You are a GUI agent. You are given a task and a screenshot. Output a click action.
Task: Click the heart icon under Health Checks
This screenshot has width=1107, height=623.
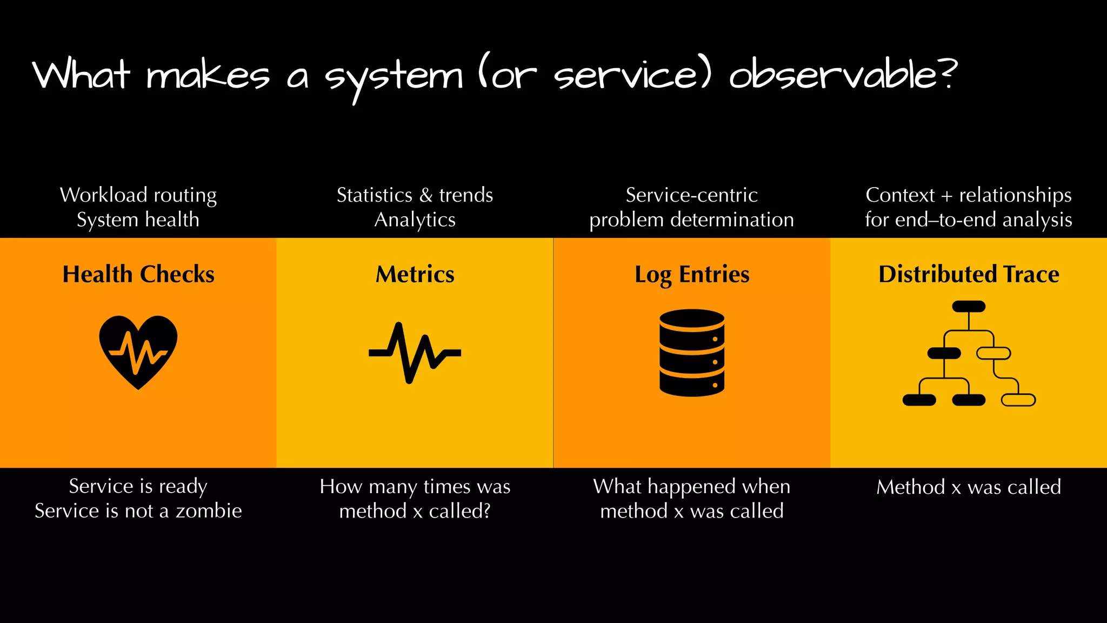click(x=138, y=352)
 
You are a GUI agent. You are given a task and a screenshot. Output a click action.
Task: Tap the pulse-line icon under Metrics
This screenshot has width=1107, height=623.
click(x=415, y=353)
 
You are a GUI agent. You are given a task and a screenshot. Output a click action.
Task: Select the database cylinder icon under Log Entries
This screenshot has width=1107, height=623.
click(x=692, y=353)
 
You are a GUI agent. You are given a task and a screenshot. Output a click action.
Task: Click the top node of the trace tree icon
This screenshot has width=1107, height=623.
click(x=969, y=307)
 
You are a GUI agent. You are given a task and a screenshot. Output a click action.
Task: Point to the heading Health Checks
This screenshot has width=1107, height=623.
click(x=138, y=274)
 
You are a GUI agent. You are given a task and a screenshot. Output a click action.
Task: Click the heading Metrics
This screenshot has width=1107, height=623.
click(x=415, y=274)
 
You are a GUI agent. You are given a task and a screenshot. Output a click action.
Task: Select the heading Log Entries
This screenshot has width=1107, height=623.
click(x=692, y=274)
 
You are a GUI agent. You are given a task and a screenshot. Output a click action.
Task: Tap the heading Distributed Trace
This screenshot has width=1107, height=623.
click(x=969, y=274)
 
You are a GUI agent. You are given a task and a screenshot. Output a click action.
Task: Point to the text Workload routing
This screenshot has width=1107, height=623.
click(x=138, y=195)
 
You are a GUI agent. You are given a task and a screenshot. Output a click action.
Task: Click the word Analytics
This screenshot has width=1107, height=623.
click(x=415, y=220)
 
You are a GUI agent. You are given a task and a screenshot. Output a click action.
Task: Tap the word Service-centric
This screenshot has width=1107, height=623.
click(x=692, y=195)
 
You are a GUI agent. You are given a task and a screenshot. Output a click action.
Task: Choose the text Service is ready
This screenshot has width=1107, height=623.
click(x=138, y=487)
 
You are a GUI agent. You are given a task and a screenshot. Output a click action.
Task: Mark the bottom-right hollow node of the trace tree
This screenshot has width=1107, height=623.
click(x=1018, y=400)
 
